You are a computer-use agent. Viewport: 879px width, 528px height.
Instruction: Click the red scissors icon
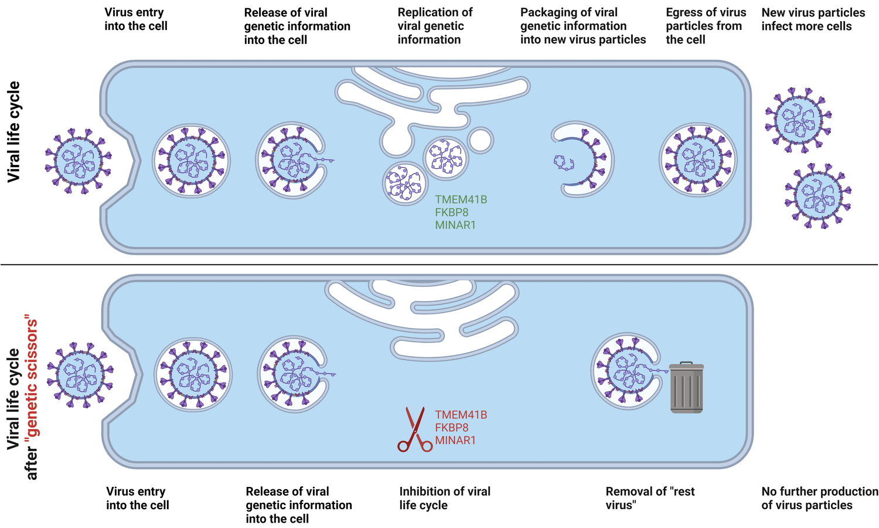pos(415,430)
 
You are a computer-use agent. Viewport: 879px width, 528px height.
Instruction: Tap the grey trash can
pos(686,388)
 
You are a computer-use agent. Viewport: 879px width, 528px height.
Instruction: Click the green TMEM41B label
pos(461,199)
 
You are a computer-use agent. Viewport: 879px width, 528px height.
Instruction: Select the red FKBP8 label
pos(451,428)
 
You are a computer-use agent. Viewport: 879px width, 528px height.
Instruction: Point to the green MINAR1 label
pos(455,225)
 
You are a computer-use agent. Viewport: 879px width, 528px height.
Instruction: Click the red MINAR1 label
pos(455,441)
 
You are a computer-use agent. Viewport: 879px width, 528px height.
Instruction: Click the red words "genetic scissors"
pos(32,378)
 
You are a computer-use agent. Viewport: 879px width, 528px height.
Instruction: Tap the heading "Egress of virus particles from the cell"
pos(706,26)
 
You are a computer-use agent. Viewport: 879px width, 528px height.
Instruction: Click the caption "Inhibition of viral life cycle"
pos(445,498)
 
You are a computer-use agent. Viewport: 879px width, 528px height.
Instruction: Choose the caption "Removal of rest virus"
pos(649,498)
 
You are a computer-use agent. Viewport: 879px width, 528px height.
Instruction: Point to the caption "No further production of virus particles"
pos(819,498)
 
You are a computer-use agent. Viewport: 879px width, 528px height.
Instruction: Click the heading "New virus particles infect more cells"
pos(813,19)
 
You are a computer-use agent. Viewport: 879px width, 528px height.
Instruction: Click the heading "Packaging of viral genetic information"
pos(582,26)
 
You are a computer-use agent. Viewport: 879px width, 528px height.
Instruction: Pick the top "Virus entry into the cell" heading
pos(136,19)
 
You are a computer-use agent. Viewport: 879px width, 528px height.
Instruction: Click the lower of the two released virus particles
pos(818,195)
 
